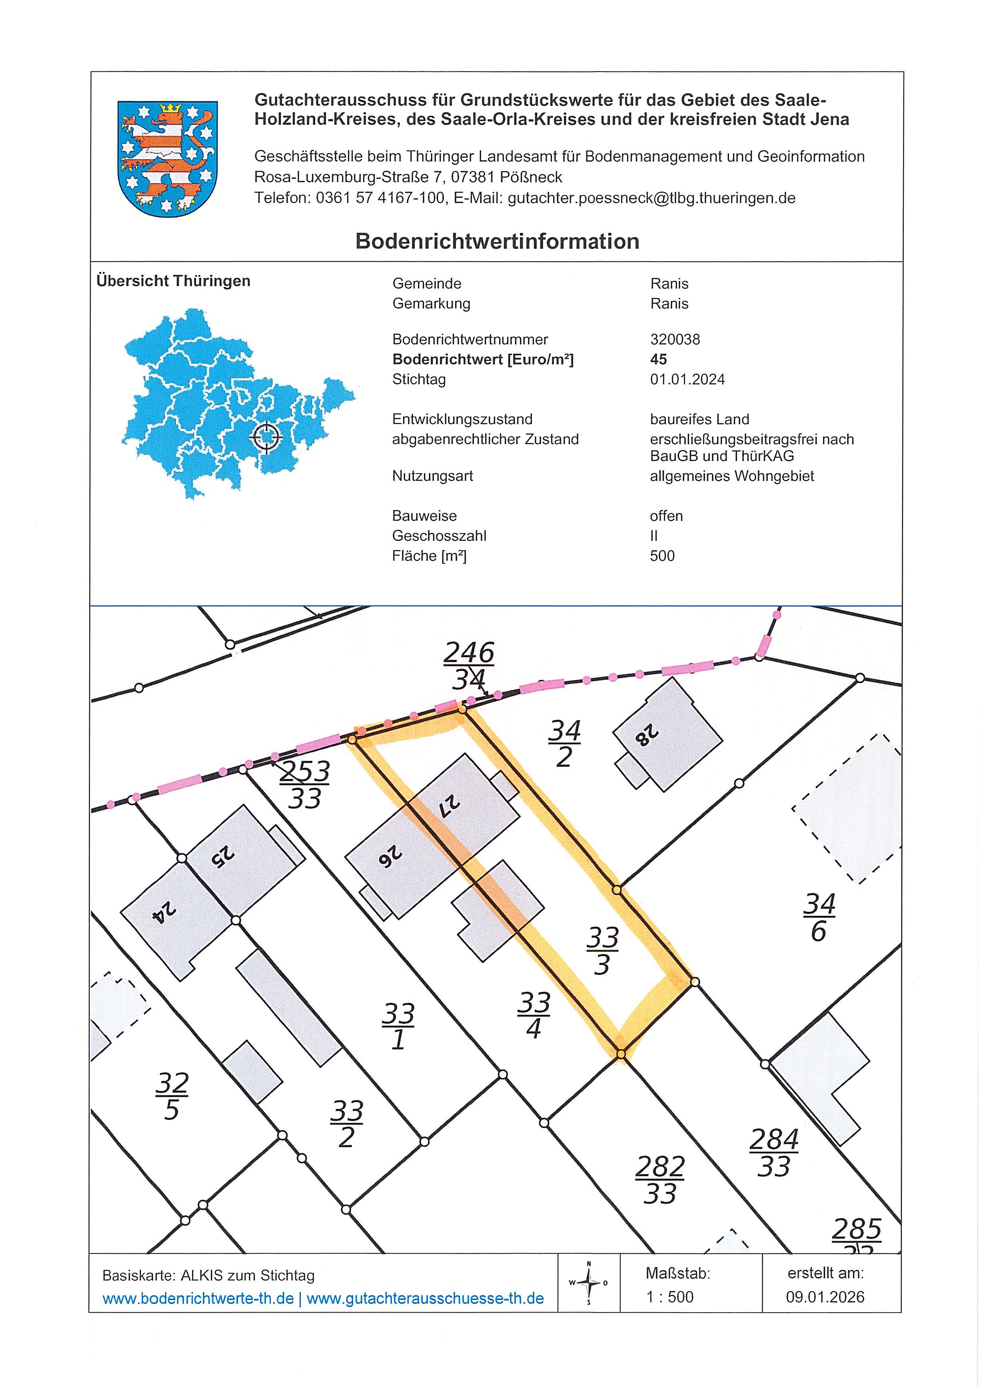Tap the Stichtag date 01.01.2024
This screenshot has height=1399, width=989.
click(x=687, y=380)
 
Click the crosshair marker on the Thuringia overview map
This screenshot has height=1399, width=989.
click(x=266, y=436)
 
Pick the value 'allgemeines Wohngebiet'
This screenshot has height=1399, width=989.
click(x=731, y=476)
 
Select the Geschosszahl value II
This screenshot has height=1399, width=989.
click(x=653, y=536)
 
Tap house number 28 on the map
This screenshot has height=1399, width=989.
click(x=645, y=735)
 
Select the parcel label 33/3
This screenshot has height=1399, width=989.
click(x=602, y=951)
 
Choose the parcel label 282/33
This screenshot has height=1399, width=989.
click(x=660, y=1180)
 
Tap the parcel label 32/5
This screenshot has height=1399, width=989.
click(x=172, y=1096)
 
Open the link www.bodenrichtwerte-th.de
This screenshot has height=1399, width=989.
click(x=198, y=1299)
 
